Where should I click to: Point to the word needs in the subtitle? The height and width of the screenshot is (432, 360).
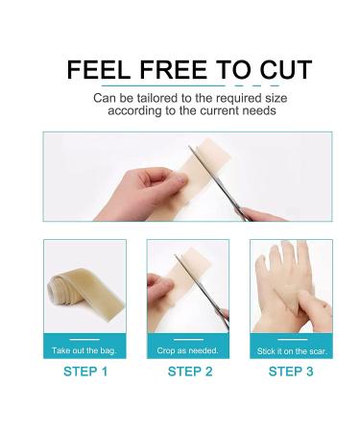(x=259, y=110)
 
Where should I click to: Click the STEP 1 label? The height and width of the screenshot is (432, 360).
(x=85, y=371)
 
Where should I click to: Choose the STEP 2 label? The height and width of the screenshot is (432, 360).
(x=190, y=371)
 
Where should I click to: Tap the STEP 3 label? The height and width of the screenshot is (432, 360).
(x=291, y=371)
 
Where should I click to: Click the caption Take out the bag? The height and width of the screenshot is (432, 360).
(x=85, y=349)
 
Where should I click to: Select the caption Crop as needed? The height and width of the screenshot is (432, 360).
(x=188, y=349)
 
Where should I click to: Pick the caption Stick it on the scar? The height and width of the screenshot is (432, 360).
(x=291, y=349)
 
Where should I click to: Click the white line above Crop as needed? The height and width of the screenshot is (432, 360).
(x=188, y=340)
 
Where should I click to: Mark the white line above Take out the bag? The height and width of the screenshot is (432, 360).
(x=85, y=340)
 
